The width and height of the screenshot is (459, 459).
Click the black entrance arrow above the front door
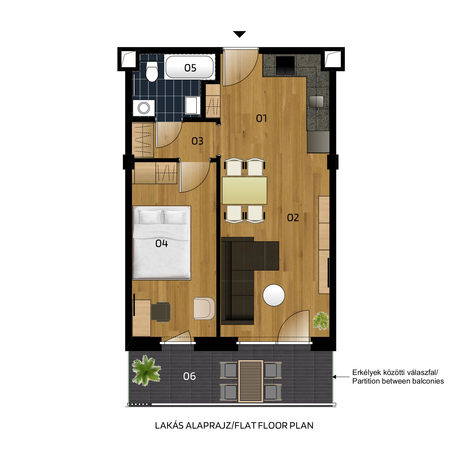240,34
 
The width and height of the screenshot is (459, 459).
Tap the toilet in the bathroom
152,71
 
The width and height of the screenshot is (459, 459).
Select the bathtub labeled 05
190,67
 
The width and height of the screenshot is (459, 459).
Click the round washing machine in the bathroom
144,108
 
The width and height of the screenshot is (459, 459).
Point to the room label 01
261,118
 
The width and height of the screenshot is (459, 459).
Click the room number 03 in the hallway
197,141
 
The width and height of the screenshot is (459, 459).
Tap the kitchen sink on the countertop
316,102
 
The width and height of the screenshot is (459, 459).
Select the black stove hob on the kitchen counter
285,65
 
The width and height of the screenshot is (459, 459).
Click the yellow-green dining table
244,190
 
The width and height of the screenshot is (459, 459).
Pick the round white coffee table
274,295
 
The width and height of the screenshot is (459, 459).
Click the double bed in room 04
162,243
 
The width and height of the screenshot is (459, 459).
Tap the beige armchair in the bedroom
204,308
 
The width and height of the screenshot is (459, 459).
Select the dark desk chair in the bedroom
161,312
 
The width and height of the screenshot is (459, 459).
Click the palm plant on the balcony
146,370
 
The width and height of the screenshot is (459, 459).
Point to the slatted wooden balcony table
250,381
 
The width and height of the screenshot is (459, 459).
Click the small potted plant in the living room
321,321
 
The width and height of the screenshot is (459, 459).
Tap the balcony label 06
189,376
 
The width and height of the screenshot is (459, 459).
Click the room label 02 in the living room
293,218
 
